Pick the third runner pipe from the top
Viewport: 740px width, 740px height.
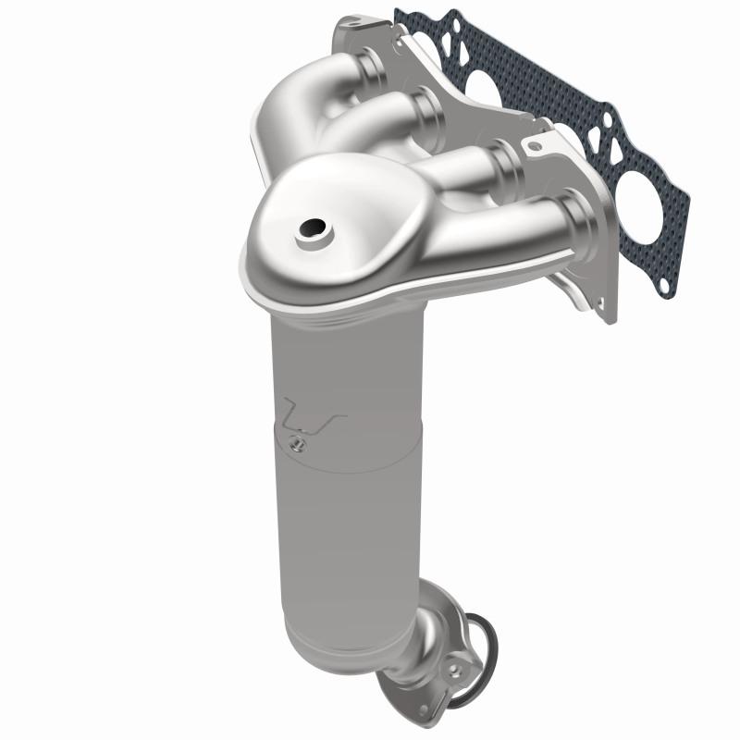(x=481, y=166)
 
